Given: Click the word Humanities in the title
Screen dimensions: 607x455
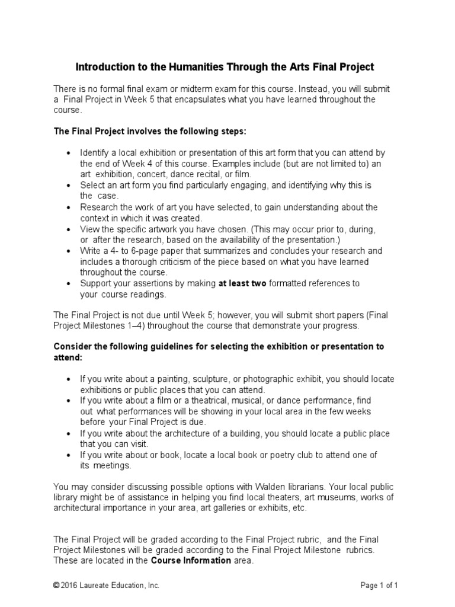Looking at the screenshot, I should click(189, 67).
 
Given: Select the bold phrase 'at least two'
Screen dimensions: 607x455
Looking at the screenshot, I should click(242, 283).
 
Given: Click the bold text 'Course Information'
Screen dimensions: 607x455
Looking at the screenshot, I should click(191, 560).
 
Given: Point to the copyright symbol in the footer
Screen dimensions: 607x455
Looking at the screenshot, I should click(56, 585).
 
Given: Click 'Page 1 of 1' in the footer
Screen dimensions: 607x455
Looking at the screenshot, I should click(379, 585).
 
